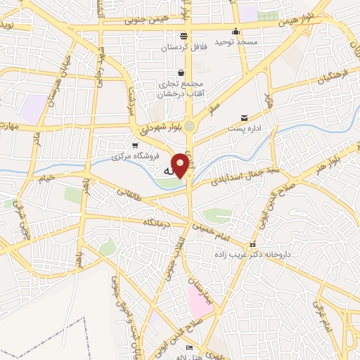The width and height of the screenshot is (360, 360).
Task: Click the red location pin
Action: (x=181, y=165)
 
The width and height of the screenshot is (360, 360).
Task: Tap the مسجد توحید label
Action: (x=238, y=42)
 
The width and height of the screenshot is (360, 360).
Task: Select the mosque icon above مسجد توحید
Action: (x=236, y=31)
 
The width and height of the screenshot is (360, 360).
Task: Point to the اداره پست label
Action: (x=244, y=129)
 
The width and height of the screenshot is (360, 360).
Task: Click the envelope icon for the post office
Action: (x=244, y=117)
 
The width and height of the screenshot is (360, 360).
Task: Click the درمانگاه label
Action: (x=159, y=222)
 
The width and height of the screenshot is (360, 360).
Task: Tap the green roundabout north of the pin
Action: (x=189, y=125)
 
